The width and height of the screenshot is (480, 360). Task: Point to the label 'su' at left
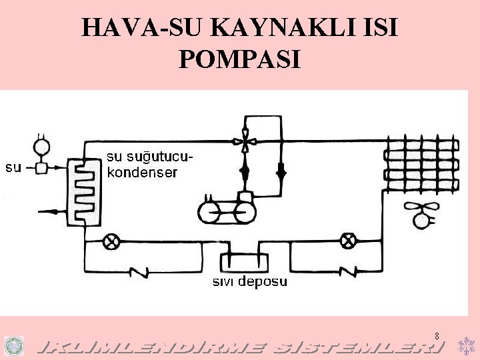13,167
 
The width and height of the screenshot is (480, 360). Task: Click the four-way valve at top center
245,141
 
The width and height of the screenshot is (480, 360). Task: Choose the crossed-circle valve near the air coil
347,241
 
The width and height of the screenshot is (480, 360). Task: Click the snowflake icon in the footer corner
465,345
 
